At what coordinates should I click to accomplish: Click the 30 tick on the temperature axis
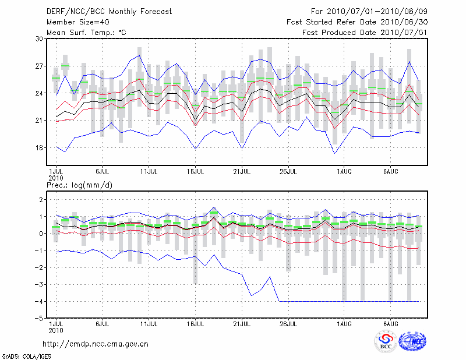click(40, 39)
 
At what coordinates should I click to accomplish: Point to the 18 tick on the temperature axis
click(40, 148)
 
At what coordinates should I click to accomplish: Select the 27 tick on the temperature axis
click(40, 66)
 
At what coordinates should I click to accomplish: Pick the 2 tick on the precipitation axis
click(41, 200)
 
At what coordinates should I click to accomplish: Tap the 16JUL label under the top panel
click(196, 172)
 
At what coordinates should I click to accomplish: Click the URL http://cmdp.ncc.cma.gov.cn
click(96, 344)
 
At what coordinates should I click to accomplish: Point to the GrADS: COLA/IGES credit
click(23, 355)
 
